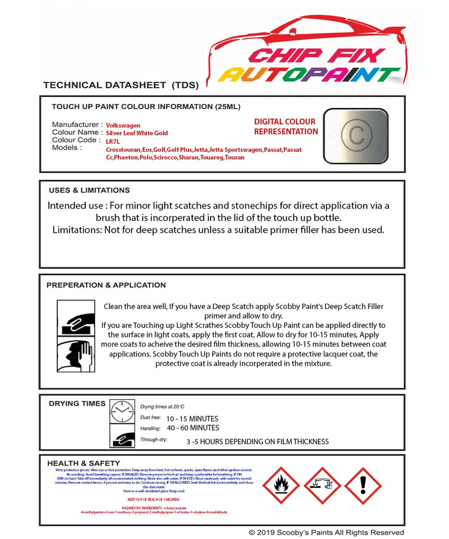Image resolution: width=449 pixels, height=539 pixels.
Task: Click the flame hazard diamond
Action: [x=281, y=486]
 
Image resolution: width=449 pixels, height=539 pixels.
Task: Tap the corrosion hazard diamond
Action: [x=322, y=486]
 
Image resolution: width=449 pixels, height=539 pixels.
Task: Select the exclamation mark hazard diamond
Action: [x=363, y=486]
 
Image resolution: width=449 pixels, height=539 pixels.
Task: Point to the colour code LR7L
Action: [x=113, y=142]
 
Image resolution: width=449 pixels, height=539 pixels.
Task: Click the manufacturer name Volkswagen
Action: [x=123, y=125]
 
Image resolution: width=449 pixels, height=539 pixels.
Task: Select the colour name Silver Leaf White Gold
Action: [x=137, y=133]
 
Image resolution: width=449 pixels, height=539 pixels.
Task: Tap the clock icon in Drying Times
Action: [x=122, y=411]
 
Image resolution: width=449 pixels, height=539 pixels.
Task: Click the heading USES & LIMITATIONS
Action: [x=89, y=190]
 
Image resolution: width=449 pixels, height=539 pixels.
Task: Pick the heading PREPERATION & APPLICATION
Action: [x=106, y=285]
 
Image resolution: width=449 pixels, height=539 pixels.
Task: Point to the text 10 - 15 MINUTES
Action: [x=192, y=418]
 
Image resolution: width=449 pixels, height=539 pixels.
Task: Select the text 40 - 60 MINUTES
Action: [x=192, y=428]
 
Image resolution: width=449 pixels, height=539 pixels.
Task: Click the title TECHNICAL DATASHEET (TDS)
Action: [x=121, y=85]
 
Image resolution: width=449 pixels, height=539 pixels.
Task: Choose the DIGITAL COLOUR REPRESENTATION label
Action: [x=286, y=126]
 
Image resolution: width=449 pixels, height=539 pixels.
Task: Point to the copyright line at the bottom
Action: [x=326, y=533]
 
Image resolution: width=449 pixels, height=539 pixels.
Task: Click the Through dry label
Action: [x=154, y=439]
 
